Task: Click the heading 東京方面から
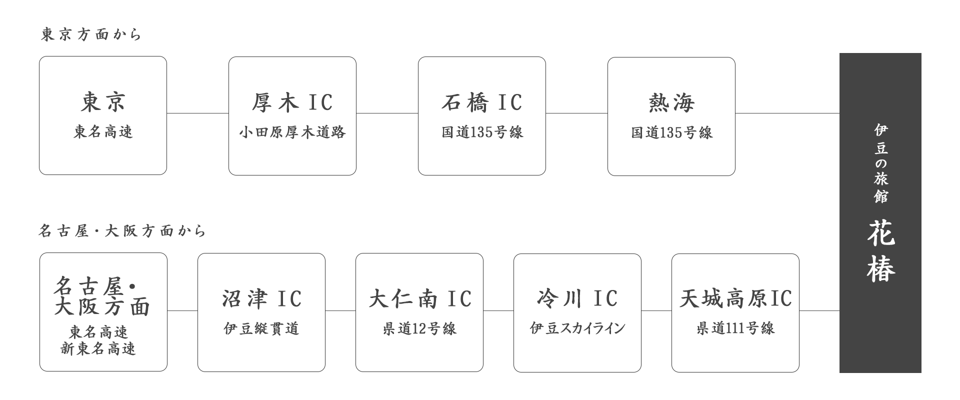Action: [x=91, y=34]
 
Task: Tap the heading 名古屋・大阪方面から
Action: [x=122, y=231]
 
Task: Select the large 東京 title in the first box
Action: [x=103, y=102]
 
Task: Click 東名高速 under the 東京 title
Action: [x=103, y=132]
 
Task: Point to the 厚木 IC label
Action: [x=292, y=102]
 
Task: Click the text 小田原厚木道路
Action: [x=292, y=132]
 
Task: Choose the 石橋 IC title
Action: [x=481, y=102]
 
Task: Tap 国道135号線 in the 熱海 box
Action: [x=671, y=133]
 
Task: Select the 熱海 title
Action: [x=671, y=103]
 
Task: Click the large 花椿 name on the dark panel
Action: [x=880, y=251]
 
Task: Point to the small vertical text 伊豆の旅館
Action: [x=880, y=163]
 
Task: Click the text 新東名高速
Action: [x=98, y=348]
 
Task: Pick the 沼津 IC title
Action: [x=261, y=299]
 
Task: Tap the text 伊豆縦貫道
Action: [x=261, y=328]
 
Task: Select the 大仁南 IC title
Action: [x=419, y=299]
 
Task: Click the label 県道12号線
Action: [x=419, y=329]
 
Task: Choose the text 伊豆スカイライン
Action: [x=577, y=328]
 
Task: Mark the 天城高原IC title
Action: [x=735, y=299]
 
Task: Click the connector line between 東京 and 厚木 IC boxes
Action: [x=197, y=113]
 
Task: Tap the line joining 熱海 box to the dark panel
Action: [x=787, y=113]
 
